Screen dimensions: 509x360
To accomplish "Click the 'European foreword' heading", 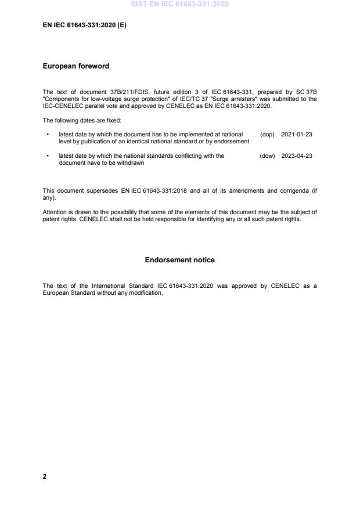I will tap(75, 66).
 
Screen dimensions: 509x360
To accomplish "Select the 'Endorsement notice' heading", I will tap(179, 260).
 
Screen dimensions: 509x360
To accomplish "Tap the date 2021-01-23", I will tap(297, 134).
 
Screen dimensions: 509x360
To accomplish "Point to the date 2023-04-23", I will tap(297, 156).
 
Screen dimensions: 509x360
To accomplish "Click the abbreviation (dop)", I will tap(267, 134).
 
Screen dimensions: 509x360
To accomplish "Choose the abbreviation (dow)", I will tap(267, 156).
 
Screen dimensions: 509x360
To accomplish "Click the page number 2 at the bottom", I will tap(45, 476).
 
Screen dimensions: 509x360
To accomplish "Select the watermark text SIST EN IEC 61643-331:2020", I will tap(179, 4).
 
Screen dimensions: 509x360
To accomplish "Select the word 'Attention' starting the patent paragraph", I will tap(56, 212).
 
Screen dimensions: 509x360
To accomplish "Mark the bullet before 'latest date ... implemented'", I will tap(47, 135).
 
